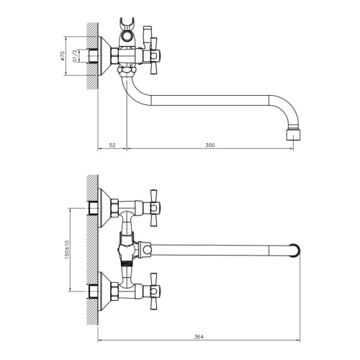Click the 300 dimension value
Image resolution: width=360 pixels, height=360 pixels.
point(210,145)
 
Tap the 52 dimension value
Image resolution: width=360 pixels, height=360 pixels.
point(112,145)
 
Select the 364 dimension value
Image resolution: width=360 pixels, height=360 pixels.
point(199,337)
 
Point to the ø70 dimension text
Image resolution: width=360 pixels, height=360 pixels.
point(63,55)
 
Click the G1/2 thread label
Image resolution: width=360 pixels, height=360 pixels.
point(75,56)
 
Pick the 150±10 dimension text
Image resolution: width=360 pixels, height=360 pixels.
point(67,250)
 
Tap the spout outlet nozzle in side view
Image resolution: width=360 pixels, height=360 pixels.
point(293,135)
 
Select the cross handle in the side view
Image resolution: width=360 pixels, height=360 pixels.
point(153,55)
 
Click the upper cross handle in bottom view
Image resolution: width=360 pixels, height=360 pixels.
point(153,208)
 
